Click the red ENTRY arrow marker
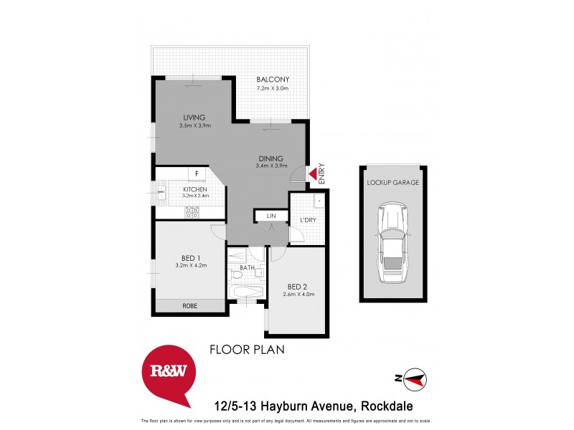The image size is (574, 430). pyautogui.click(x=313, y=173)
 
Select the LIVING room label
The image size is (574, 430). pyautogui.click(x=194, y=118)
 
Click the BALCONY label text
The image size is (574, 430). pyautogui.click(x=273, y=80)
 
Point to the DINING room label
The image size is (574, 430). pyautogui.click(x=271, y=158)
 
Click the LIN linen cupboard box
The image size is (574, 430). pyautogui.click(x=271, y=216)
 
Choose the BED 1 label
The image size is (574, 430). pyautogui.click(x=190, y=258)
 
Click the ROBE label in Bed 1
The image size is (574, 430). pyautogui.click(x=190, y=306)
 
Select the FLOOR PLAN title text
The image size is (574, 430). pyautogui.click(x=247, y=350)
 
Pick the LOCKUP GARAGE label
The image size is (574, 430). pyautogui.click(x=392, y=182)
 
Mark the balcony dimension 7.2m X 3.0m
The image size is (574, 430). pyautogui.click(x=273, y=89)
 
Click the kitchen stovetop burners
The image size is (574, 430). pyautogui.click(x=192, y=211)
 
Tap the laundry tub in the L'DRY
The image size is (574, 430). pyautogui.click(x=319, y=201)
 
